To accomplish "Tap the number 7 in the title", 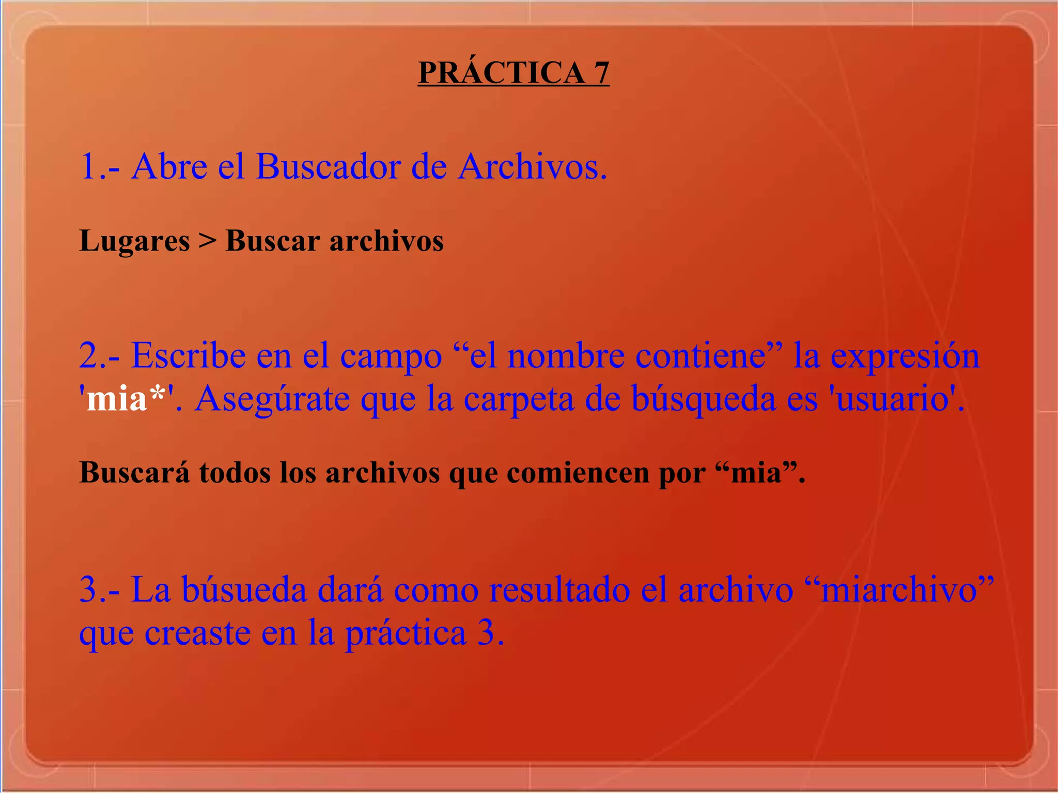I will click(x=601, y=72).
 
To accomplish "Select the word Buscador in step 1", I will click(x=328, y=167).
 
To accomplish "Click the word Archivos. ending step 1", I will click(x=532, y=167).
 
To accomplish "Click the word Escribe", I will click(x=188, y=356).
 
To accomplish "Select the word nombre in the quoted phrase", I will click(x=565, y=356).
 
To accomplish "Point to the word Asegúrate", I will click(x=272, y=399).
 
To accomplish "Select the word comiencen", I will click(x=578, y=473).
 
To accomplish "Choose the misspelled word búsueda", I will click(x=244, y=590).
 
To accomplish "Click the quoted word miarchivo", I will click(x=899, y=590).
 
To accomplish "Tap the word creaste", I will click(x=197, y=633).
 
